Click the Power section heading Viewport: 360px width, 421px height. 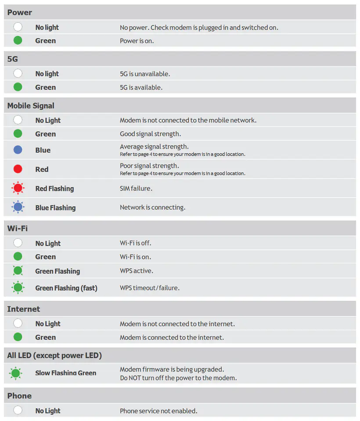click(x=20, y=12)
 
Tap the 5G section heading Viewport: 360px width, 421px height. click(x=13, y=59)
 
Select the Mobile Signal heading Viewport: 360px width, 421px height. click(x=31, y=106)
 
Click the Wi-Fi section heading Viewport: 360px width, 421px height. click(x=18, y=228)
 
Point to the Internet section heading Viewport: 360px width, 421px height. click(x=23, y=309)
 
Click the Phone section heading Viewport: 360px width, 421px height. click(x=19, y=396)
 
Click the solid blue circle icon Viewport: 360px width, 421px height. click(x=18, y=150)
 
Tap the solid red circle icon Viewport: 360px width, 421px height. click(x=18, y=169)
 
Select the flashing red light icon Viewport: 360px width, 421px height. click(x=18, y=189)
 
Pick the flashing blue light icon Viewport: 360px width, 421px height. click(x=18, y=207)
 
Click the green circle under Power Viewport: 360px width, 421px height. click(x=18, y=41)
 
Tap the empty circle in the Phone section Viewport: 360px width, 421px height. click(x=18, y=410)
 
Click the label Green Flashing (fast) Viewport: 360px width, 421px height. click(x=66, y=288)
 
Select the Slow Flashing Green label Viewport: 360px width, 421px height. click(x=65, y=373)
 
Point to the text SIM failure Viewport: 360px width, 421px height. click(x=136, y=189)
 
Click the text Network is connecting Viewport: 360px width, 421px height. click(x=152, y=207)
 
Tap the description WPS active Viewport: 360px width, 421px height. click(x=137, y=271)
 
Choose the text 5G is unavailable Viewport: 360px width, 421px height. click(x=145, y=74)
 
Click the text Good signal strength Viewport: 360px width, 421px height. click(x=150, y=134)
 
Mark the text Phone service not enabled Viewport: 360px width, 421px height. click(x=158, y=411)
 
